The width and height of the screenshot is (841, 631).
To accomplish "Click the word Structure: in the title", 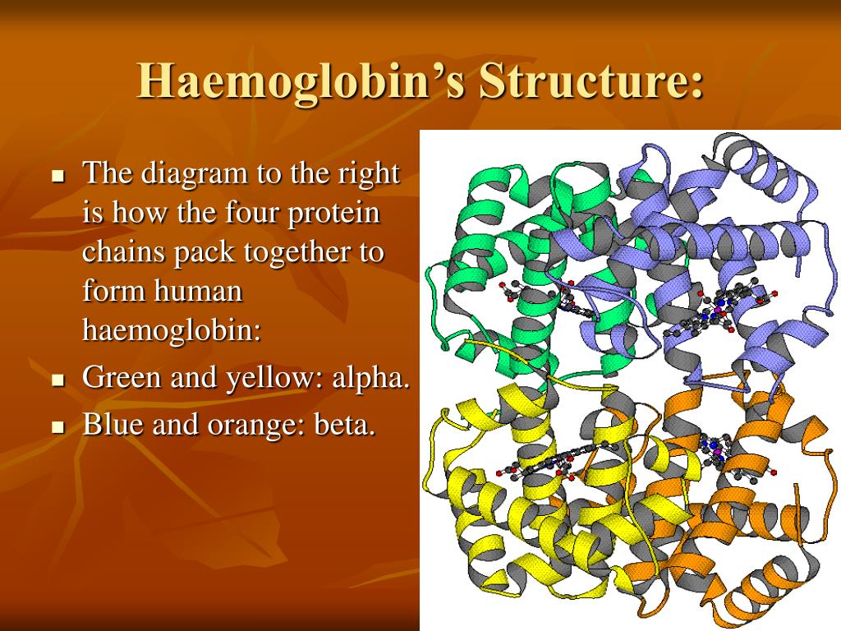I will [x=591, y=81].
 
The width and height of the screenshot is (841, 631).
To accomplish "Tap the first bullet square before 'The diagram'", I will [x=57, y=176].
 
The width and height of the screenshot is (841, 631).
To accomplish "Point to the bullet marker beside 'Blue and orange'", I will [x=57, y=428].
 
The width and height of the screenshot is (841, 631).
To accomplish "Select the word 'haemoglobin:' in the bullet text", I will [x=171, y=330].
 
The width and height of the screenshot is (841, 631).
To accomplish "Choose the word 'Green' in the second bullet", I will [x=122, y=378].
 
